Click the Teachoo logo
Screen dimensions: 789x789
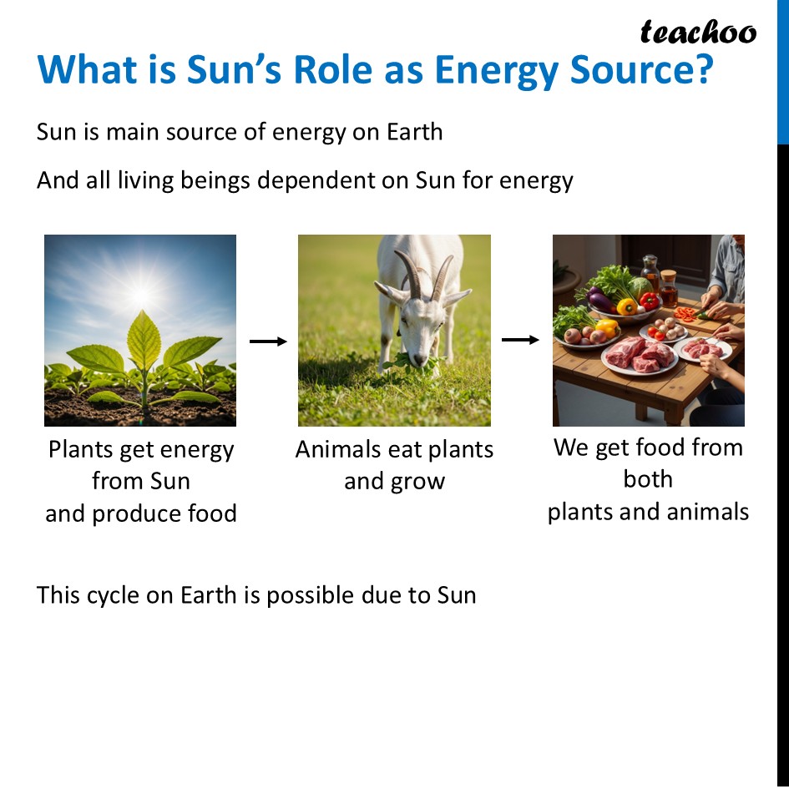(x=698, y=33)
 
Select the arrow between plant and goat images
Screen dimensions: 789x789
(x=268, y=341)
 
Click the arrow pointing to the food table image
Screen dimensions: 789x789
(x=521, y=340)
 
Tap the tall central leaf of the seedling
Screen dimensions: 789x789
(x=144, y=341)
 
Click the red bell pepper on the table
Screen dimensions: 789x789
(x=649, y=301)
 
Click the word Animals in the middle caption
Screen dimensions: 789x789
(x=336, y=450)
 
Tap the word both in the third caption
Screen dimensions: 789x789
(x=648, y=479)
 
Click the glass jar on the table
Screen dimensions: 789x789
(x=650, y=272)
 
